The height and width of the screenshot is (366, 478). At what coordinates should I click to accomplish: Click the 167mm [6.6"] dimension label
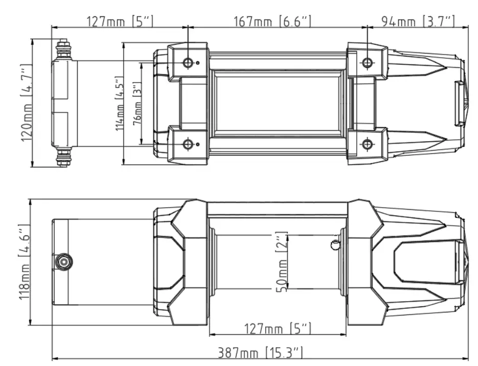[272, 21]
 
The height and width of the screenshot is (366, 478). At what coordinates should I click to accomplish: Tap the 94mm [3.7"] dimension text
[418, 21]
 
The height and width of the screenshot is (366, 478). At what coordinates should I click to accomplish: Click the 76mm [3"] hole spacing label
[136, 104]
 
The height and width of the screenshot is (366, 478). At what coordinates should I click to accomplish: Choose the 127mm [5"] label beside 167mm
[120, 21]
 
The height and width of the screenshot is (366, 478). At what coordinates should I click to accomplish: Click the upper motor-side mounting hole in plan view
[188, 62]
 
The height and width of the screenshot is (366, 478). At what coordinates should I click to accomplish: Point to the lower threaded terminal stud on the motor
[63, 157]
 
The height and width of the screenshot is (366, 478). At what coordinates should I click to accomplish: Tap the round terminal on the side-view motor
[64, 262]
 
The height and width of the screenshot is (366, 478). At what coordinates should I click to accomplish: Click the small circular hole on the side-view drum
[335, 245]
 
